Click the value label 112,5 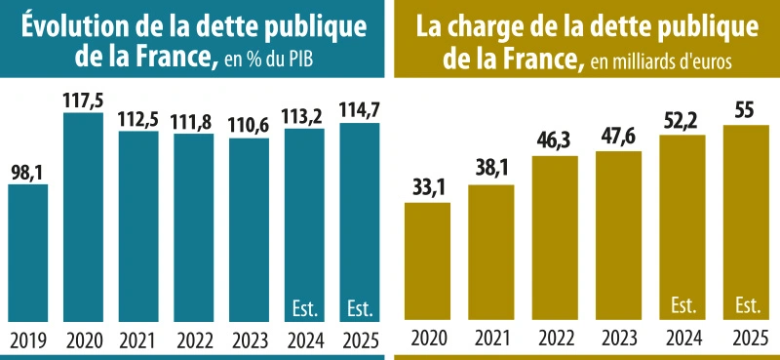coord(138,117)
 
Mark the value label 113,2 coord(305,115)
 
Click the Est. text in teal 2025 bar coord(361,310)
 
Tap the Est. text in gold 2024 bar coord(683,305)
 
